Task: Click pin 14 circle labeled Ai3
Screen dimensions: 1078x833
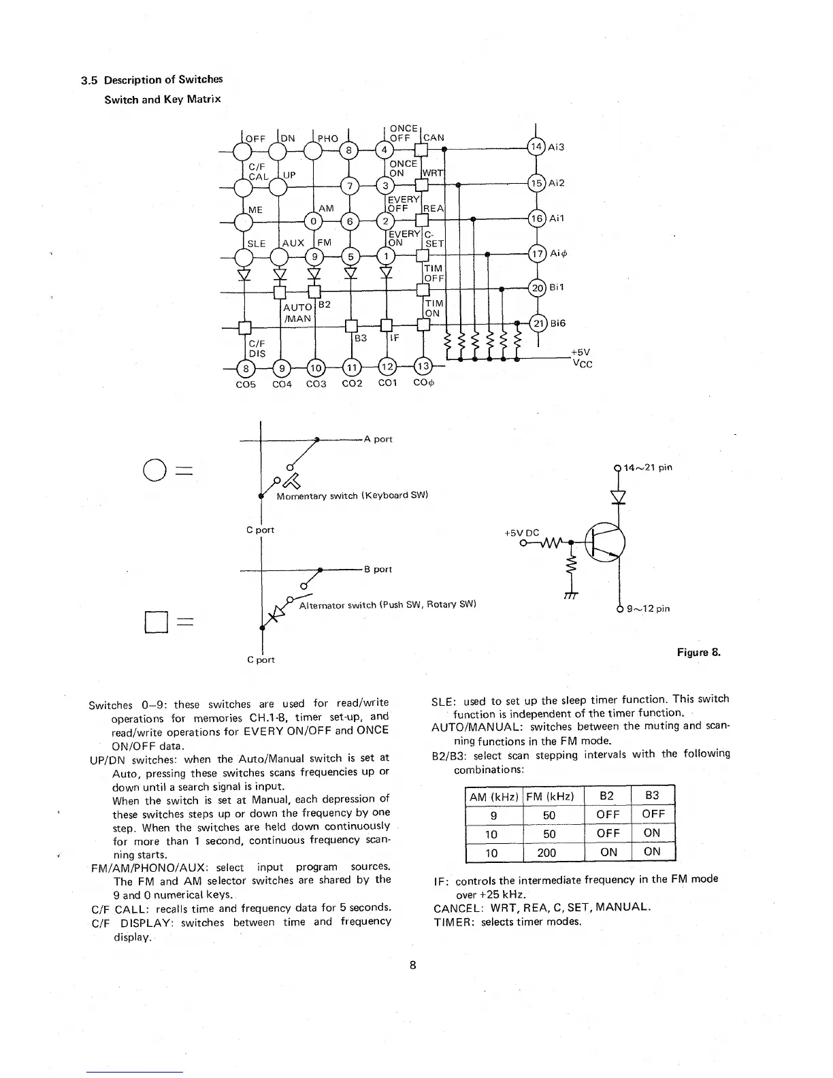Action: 537,147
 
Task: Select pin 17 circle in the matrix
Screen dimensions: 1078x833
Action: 537,254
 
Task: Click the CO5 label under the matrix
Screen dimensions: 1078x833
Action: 245,384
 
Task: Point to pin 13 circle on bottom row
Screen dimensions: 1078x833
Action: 423,367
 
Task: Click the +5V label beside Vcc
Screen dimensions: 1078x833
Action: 581,353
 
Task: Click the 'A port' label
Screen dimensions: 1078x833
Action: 378,439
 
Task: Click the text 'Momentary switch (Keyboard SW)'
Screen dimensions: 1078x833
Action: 352,495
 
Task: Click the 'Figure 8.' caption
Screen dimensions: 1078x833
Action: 698,653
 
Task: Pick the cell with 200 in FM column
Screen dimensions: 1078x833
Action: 546,853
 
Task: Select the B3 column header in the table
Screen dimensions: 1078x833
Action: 652,796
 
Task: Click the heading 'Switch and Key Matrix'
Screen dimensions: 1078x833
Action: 163,99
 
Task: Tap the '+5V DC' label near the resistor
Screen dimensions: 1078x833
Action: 521,532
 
